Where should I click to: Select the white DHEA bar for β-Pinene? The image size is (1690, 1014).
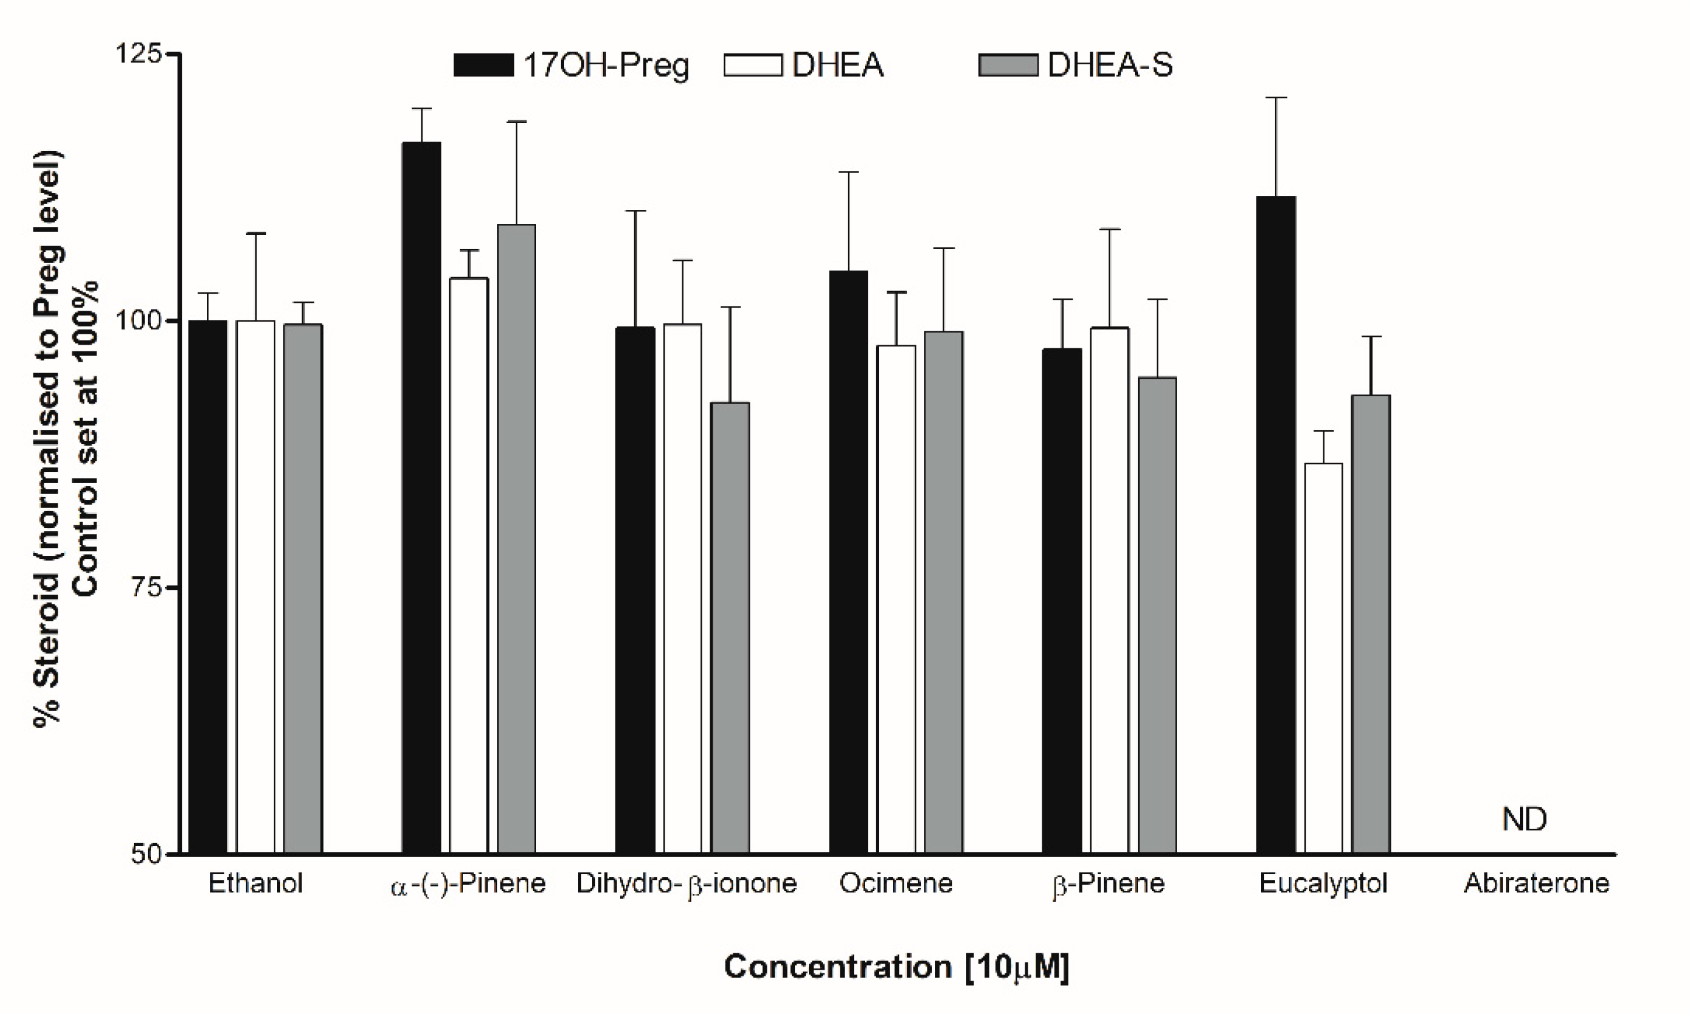pos(1109,590)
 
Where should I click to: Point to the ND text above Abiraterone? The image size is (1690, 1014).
pos(1524,819)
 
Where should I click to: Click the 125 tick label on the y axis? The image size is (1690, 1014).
pos(137,53)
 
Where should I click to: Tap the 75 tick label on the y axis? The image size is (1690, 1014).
pos(146,587)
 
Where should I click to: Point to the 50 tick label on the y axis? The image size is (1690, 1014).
pos(146,854)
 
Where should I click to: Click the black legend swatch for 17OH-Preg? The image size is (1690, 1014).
pos(483,66)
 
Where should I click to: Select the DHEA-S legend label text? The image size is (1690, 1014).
pos(1110,66)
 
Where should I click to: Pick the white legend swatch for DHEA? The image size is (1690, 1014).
pos(752,66)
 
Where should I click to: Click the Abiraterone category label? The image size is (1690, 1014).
pos(1536,884)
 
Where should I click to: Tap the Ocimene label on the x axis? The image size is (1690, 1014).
pos(896,884)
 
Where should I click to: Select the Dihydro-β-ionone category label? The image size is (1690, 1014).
pos(686,884)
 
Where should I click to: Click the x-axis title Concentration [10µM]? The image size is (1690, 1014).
pos(896,967)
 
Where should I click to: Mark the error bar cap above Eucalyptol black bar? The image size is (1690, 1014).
pos(1276,98)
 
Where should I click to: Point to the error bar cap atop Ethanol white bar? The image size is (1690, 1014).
pos(256,234)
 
